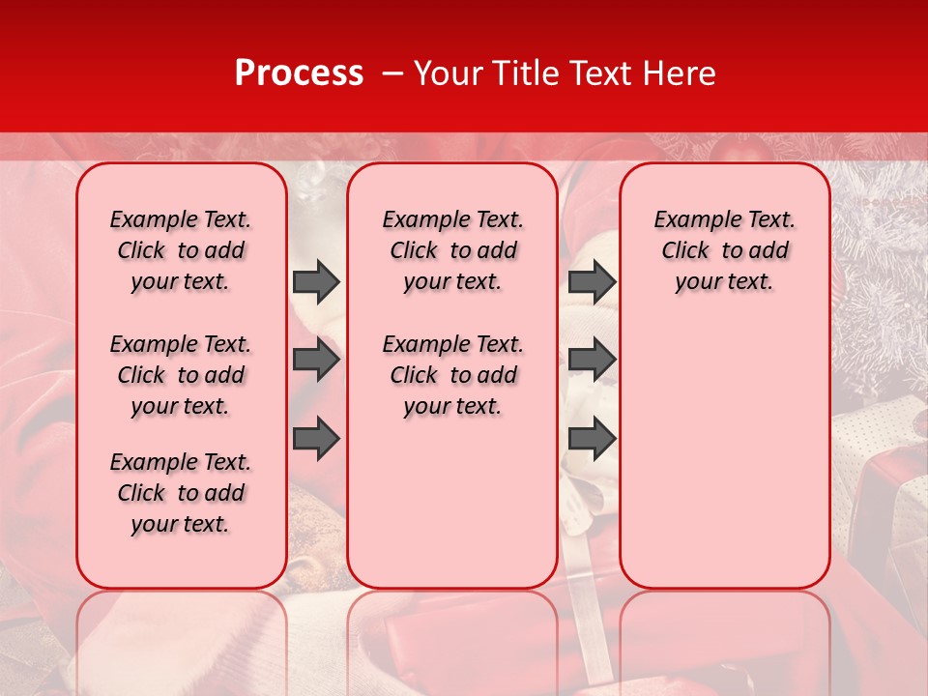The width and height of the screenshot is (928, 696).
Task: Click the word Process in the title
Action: [x=298, y=73]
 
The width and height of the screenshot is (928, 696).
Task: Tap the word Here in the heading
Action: [x=681, y=73]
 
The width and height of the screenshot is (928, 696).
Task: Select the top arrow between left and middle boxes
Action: [x=316, y=281]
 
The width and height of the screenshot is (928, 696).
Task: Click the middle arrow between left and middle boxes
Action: [x=316, y=360]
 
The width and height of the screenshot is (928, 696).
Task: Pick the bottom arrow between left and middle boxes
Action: [x=316, y=438]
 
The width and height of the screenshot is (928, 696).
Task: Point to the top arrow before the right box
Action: [x=592, y=281]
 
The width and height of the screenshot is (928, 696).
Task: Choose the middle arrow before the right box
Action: [x=592, y=360]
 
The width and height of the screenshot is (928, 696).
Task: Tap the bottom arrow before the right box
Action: [x=592, y=438]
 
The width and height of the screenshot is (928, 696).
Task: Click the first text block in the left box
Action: [x=181, y=250]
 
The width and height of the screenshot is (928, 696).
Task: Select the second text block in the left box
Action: [x=181, y=375]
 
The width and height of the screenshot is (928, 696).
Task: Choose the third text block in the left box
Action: [x=181, y=493]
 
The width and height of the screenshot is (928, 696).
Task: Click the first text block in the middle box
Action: [x=453, y=250]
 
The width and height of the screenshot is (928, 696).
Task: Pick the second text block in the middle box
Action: [x=453, y=375]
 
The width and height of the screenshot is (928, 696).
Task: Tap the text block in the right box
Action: [x=725, y=250]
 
